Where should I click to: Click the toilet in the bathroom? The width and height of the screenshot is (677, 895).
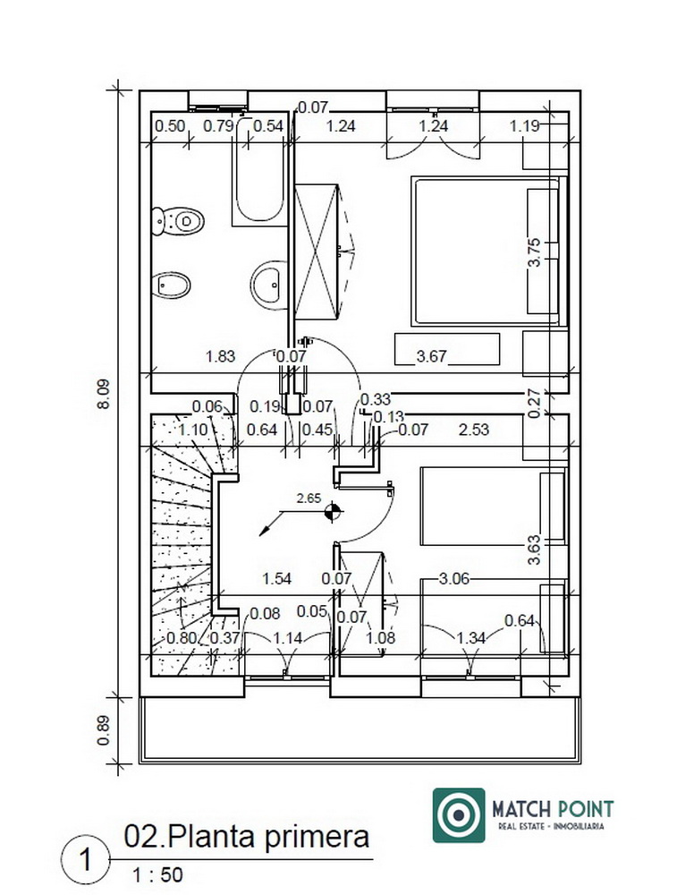point(178,221)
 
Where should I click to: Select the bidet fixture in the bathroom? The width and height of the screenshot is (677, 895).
point(171,285)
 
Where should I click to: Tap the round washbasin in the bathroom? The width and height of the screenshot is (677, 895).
point(268,285)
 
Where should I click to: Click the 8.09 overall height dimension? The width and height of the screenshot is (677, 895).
point(104,394)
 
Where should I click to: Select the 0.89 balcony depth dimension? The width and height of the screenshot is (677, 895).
point(103,730)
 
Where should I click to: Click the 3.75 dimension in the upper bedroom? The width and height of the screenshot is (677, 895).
point(534,252)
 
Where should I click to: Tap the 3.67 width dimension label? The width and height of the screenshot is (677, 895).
point(431,357)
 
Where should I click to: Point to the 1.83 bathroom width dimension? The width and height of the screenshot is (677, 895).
point(220,357)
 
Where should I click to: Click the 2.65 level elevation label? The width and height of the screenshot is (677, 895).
point(309,499)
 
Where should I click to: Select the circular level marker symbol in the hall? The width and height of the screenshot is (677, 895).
point(333,511)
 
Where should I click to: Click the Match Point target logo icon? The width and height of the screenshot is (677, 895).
point(459,815)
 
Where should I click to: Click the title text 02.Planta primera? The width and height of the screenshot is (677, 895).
point(247,836)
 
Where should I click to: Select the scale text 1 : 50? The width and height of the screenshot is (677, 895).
point(157,874)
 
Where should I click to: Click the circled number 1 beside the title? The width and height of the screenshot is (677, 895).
point(85,859)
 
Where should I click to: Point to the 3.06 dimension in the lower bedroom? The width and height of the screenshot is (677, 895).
point(454,579)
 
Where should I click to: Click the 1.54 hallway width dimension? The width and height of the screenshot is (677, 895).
point(276,579)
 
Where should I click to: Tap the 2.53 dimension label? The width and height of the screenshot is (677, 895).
point(474,430)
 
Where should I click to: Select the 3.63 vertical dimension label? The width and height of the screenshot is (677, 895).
point(534,550)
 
